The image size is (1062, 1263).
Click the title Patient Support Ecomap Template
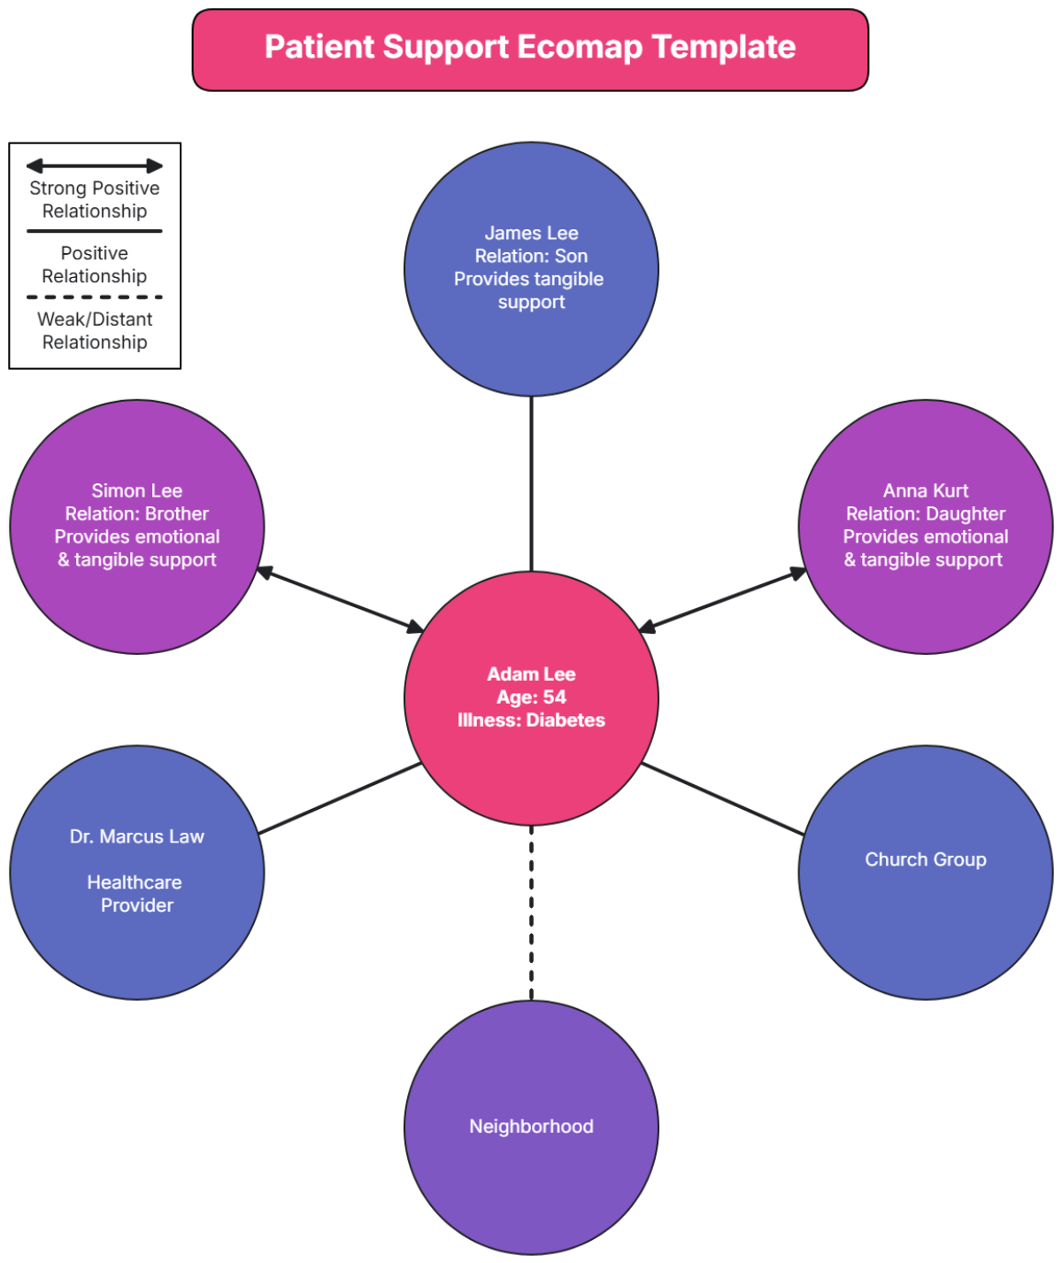point(530,48)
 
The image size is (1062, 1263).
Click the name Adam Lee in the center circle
point(531,674)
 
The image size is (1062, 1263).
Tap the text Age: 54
point(531,697)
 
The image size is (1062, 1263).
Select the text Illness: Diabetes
point(531,720)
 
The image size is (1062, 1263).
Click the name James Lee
point(531,234)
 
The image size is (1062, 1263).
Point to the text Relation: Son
point(531,257)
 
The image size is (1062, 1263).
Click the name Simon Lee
point(137,491)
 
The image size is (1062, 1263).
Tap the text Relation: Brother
point(137,514)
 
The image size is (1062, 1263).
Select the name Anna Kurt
point(926,491)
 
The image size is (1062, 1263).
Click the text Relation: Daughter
point(926,514)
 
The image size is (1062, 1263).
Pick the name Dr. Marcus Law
point(137,837)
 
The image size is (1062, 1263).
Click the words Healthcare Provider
point(135,894)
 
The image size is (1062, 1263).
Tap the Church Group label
point(926,860)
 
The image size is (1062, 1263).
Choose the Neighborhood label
point(531,1127)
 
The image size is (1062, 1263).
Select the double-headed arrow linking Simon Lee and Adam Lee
point(340,600)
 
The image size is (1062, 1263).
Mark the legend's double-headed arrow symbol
point(95,166)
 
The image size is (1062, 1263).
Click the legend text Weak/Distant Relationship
point(95,331)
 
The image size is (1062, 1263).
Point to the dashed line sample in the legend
point(95,297)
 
